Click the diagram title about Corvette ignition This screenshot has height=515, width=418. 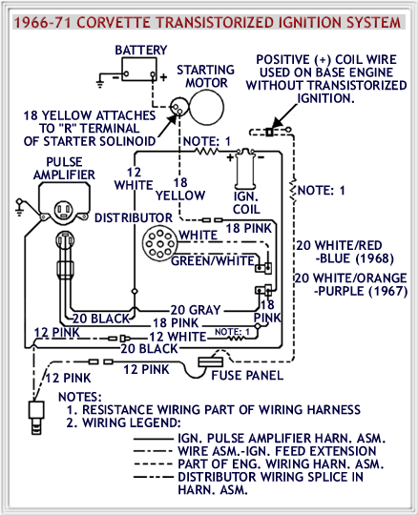tap(207, 22)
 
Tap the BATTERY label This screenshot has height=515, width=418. tap(141, 50)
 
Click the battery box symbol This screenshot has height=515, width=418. tap(139, 70)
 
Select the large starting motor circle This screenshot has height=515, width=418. tap(207, 108)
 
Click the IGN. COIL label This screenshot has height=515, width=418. tap(246, 202)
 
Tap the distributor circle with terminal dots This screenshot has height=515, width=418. tap(159, 244)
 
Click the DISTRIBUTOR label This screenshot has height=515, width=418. tap(134, 217)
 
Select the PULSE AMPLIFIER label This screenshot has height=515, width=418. tap(64, 168)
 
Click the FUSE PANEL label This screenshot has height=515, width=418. tap(247, 375)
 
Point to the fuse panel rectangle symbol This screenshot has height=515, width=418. tap(210, 362)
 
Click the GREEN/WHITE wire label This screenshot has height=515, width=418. tap(213, 260)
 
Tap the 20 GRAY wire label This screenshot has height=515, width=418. tap(196, 310)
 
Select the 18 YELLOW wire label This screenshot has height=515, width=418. tap(180, 189)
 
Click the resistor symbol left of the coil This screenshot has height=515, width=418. tap(207, 152)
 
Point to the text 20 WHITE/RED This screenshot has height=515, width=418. tap(339, 245)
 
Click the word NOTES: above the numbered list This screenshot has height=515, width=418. tap(80, 397)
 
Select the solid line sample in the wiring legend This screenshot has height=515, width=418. tap(153, 439)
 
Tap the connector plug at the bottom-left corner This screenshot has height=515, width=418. tap(36, 417)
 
